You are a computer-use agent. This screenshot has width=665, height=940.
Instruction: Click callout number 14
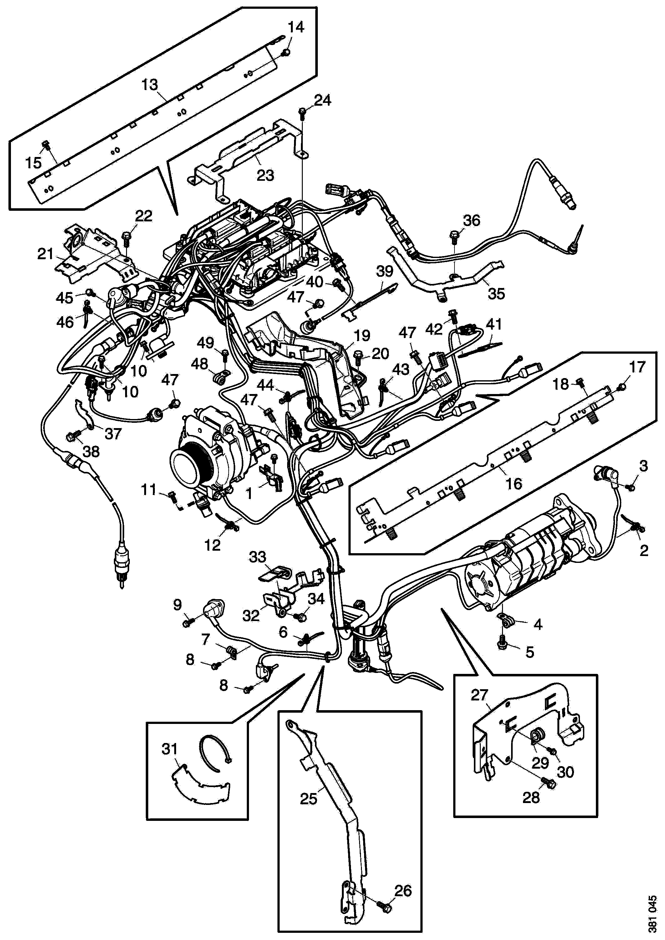(296, 28)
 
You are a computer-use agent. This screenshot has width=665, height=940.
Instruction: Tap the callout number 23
(265, 175)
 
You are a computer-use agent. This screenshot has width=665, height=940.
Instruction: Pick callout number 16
(514, 484)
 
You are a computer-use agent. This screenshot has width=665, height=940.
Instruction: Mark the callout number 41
(493, 325)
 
